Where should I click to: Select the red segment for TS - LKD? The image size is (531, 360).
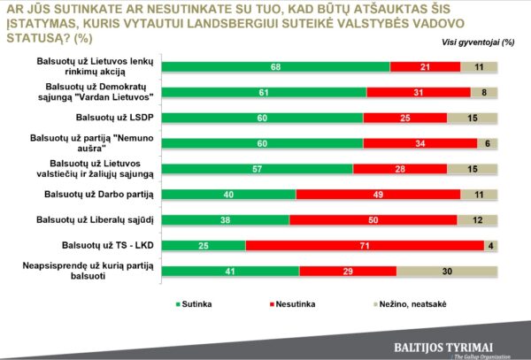[x=364, y=245]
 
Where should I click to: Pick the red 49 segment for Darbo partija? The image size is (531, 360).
[x=378, y=194]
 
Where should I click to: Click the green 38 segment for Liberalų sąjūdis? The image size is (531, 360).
[x=227, y=219]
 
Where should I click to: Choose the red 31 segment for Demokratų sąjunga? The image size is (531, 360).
[x=416, y=92]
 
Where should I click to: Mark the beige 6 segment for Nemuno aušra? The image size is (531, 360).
[x=487, y=142]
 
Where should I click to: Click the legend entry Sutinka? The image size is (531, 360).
[x=207, y=303]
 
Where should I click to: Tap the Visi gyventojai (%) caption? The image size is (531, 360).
[x=478, y=42]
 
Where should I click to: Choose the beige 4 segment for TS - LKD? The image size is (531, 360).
[x=489, y=245]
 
